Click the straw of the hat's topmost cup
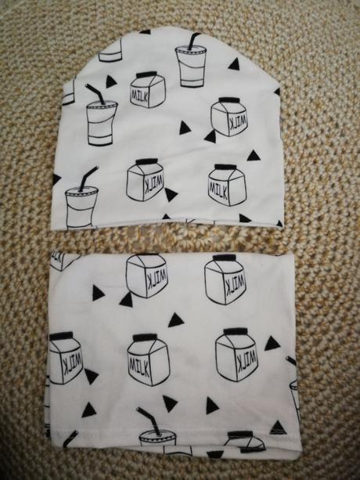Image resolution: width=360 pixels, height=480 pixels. tap(193, 41)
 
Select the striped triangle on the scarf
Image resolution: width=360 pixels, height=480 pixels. tap(278, 428)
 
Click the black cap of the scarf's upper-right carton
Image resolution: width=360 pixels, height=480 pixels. tap(224, 258)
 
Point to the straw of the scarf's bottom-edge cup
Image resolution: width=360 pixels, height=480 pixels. tap(149, 420)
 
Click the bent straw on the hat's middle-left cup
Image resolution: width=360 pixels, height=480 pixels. tap(96, 94)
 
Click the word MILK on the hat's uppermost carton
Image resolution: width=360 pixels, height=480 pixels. tap(139, 95)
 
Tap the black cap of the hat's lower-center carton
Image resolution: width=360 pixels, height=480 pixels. tap(147, 161)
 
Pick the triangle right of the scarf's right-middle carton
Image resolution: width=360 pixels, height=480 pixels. tap(272, 344)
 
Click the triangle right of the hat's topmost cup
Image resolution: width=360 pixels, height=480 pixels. tap(234, 64)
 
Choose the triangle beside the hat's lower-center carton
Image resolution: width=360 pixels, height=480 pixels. tap(171, 194)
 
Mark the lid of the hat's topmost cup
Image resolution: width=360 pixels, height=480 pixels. tap(191, 50)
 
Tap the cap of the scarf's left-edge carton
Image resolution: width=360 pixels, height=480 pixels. tap(62, 336)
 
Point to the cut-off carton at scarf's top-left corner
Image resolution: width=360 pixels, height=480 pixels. tap(63, 261)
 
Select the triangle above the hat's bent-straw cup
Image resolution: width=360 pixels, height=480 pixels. tap(110, 81)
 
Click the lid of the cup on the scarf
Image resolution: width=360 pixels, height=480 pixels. tap(158, 435)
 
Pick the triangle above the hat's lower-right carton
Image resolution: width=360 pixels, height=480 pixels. tap(254, 156)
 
